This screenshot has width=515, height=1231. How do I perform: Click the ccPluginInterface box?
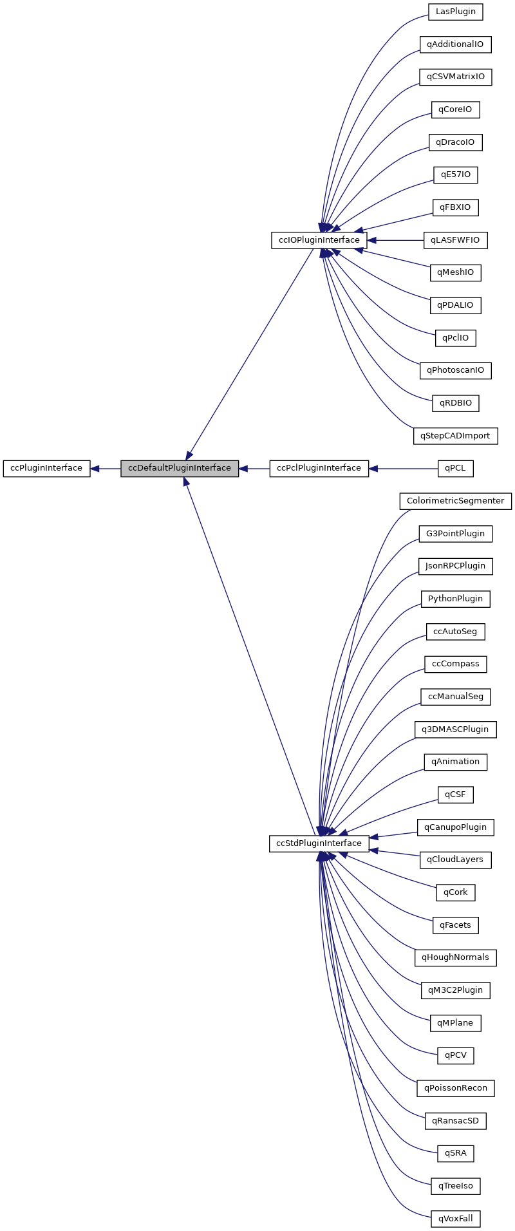coord(46,468)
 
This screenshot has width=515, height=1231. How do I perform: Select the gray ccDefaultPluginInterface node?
coord(180,468)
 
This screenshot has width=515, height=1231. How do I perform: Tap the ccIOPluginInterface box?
coord(319,240)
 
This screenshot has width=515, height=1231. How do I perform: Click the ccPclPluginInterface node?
coord(319,468)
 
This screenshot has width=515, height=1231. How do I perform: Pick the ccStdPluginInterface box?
coord(319,843)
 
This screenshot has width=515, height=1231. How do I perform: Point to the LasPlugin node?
coord(455,12)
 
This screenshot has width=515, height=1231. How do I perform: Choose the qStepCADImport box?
coord(455,436)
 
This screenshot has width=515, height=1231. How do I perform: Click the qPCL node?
coord(455,468)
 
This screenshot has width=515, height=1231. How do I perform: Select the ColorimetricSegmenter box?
coord(455,501)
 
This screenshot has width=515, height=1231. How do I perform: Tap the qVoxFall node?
coord(455,1219)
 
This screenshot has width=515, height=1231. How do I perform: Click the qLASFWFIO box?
coord(455,240)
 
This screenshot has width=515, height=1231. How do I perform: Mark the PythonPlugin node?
coord(455,599)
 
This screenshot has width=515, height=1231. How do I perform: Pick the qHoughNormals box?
coord(455,957)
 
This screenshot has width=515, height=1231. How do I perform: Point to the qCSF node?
coord(455,794)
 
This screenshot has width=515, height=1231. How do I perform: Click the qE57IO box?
coord(455,174)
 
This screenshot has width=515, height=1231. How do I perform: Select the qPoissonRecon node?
coord(455,1088)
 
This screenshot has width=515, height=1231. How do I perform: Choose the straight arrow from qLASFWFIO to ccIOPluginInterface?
coord(395,240)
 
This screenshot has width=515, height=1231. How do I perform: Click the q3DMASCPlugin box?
coord(455,729)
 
